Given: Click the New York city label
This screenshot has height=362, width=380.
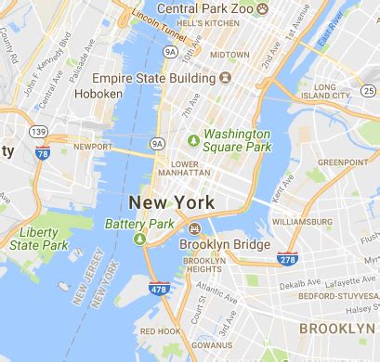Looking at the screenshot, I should coord(171,201).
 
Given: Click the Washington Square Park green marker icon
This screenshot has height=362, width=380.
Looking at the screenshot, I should coord(194,140).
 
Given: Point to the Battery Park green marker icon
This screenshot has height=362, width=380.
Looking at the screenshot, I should coord(140,239).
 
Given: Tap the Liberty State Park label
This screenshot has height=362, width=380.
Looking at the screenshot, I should coord(41,238).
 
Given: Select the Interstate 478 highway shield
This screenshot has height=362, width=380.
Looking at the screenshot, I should coord(157,291).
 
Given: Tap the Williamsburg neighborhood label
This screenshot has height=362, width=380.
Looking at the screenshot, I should coord(301,222).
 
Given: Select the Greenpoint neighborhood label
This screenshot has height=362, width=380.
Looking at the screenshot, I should coord(343,162).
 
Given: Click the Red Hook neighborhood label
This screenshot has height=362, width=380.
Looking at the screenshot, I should coord(160,331).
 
